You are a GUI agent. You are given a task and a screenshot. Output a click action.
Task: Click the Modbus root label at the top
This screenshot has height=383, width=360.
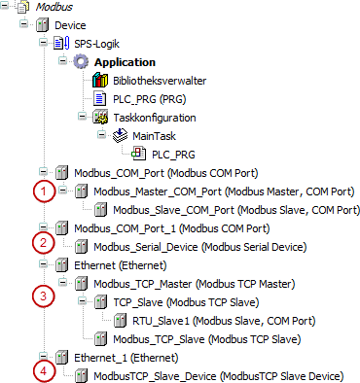point(49,7)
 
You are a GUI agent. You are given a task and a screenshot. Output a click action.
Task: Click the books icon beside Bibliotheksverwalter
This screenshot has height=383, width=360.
point(100,81)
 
